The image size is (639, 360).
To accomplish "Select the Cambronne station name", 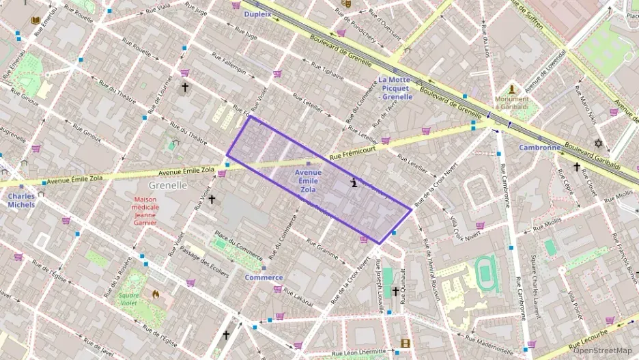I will (x=539, y=148).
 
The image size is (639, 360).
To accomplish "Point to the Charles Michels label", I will (x=21, y=200).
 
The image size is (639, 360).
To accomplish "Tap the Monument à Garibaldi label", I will (x=512, y=103).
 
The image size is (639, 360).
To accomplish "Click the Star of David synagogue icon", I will (x=599, y=143).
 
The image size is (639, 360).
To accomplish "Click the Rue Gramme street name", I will (x=322, y=249).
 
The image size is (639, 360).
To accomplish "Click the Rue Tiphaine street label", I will (x=328, y=70).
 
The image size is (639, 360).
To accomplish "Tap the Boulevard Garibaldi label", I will (x=592, y=154).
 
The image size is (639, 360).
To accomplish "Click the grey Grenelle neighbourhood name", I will (x=168, y=185).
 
